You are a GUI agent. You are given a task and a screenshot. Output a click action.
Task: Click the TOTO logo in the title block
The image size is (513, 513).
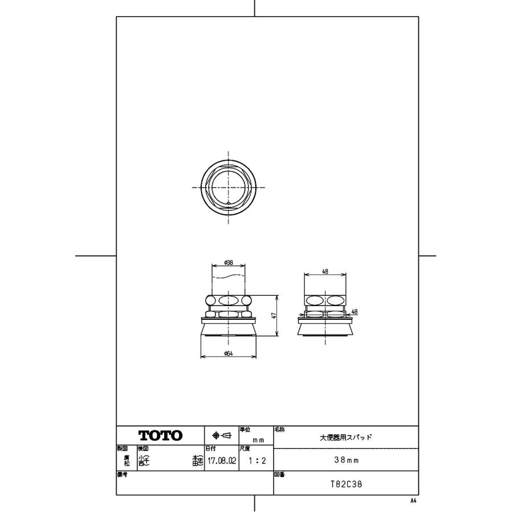tap(160, 435)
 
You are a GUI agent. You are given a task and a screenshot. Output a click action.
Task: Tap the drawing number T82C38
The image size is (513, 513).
tap(346, 485)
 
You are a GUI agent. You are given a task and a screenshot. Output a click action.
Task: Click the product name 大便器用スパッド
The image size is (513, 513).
tap(346, 437)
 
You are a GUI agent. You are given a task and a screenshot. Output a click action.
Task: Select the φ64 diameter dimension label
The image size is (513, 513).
tap(228, 354)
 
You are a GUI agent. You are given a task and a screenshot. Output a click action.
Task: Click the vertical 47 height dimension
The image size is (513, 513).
tap(274, 315)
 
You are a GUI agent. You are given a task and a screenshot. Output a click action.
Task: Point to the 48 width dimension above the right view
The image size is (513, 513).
tap(325, 272)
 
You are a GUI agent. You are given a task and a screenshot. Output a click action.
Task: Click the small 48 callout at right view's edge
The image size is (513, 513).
tap(355, 311)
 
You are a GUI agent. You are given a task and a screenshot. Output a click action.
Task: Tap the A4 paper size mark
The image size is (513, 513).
tap(413, 500)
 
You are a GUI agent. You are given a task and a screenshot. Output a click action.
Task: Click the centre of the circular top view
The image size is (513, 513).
tap(228, 188)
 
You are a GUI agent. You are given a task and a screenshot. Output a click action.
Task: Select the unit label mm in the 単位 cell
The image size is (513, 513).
tap(258, 440)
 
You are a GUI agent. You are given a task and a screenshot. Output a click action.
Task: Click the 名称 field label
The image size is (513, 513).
tap(280, 429)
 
